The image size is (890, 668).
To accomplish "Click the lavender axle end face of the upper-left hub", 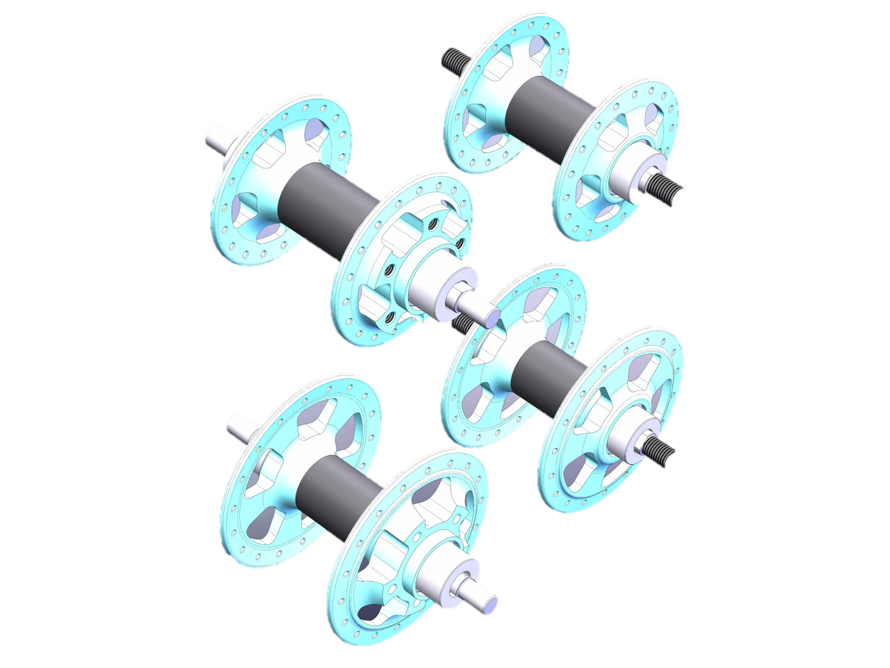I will point(491,317).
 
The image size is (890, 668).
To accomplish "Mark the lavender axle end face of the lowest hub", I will point(490,604).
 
